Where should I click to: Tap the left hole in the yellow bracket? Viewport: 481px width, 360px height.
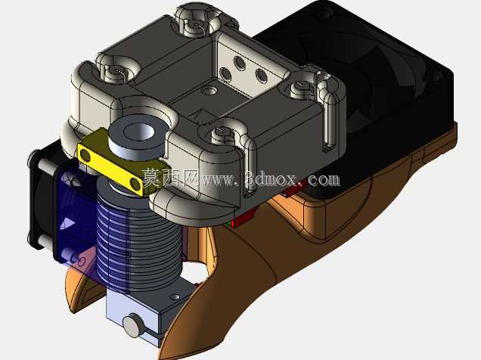(x=85, y=156)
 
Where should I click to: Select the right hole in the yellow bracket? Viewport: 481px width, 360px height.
(x=135, y=183)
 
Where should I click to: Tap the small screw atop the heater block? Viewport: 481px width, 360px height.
(x=175, y=296)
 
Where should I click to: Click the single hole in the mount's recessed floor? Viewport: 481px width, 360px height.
(x=209, y=91)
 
